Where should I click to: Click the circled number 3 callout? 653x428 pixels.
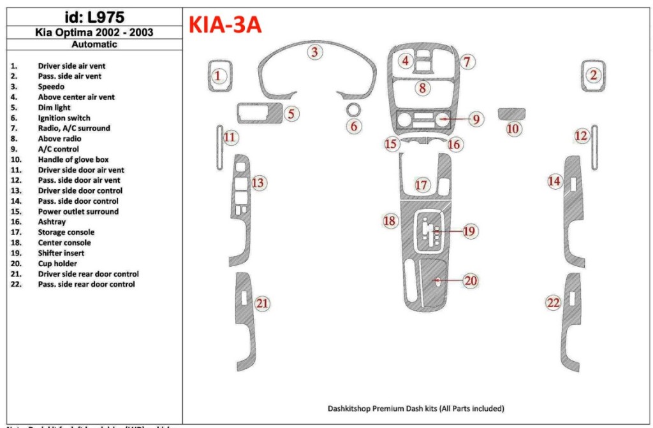(x=314, y=52)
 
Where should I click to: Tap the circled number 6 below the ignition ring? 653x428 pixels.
(x=354, y=126)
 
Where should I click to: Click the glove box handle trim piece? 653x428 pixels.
(x=511, y=114)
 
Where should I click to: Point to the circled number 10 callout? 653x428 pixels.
(x=513, y=129)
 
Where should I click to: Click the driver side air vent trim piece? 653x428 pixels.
(x=219, y=76)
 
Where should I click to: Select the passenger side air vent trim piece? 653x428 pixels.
(x=593, y=76)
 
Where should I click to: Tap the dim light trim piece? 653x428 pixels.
(x=259, y=113)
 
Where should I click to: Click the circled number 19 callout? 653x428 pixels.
(x=469, y=231)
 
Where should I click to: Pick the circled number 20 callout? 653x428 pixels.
(x=471, y=281)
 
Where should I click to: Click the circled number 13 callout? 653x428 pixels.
(x=258, y=183)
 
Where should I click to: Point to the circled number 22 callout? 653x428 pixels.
(x=553, y=303)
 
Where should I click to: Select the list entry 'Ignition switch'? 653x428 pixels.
(x=64, y=118)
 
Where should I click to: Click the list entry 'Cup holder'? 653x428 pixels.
(x=57, y=264)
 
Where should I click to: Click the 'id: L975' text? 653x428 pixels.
(x=94, y=17)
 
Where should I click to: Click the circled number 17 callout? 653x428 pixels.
(x=422, y=185)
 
